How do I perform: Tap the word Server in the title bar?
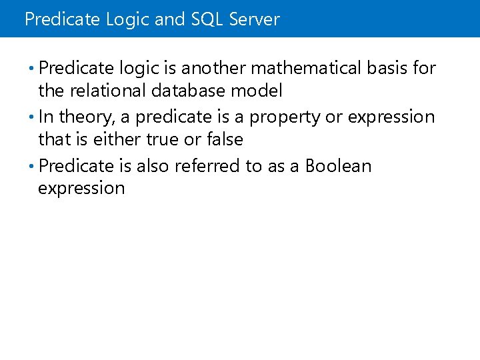254,19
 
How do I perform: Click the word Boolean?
338,166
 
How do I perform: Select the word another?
214,68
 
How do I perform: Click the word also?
153,166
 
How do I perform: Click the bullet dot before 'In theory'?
33,117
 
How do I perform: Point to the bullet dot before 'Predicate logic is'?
33,68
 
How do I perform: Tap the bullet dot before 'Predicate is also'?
33,166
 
